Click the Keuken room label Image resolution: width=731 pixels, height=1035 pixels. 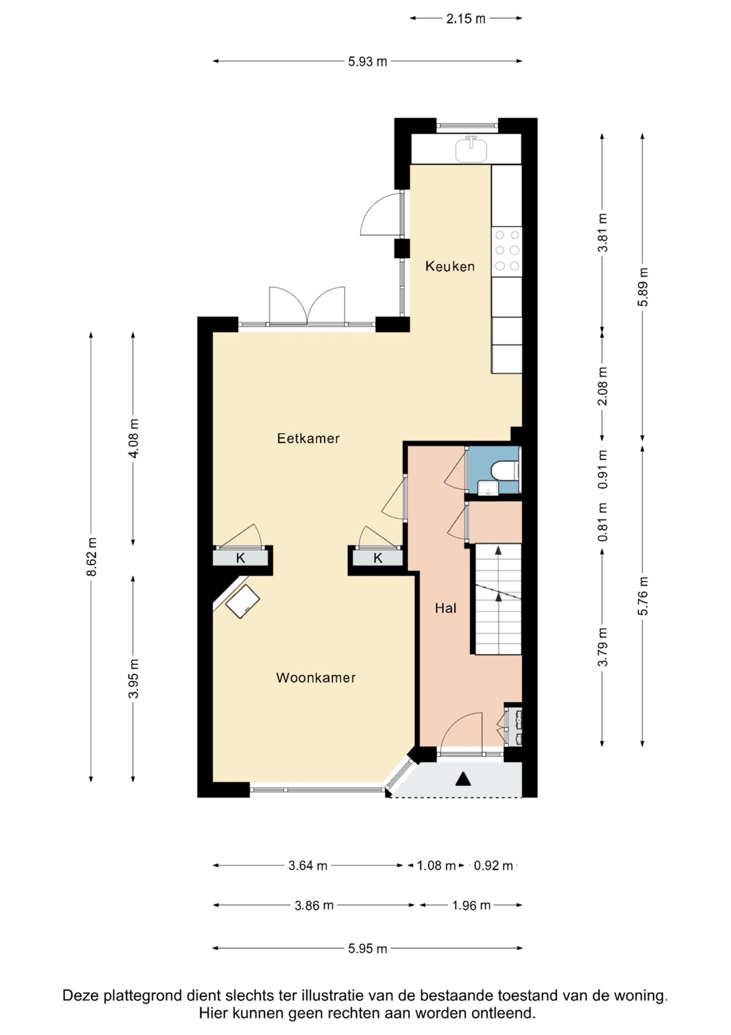[450, 266]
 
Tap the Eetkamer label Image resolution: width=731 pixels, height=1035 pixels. [308, 439]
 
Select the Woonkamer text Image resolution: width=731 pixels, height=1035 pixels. [316, 678]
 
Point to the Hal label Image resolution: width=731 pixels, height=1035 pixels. [446, 608]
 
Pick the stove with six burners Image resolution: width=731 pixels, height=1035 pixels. [507, 251]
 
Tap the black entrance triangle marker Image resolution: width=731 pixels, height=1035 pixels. [463, 779]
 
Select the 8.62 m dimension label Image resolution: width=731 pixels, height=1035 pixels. [92, 557]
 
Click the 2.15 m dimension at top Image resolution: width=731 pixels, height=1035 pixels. [466, 19]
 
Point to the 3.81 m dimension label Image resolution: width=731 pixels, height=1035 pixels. [603, 233]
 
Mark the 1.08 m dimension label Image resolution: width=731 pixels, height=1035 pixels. [436, 866]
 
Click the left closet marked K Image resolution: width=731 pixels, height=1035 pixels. [240, 558]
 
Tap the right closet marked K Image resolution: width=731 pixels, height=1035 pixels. [378, 558]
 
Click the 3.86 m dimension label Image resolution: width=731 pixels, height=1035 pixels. [314, 905]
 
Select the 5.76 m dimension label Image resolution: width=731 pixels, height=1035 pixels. [643, 596]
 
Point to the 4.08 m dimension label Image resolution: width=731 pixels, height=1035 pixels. [134, 439]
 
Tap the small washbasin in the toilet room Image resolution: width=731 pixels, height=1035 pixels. [488, 488]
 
